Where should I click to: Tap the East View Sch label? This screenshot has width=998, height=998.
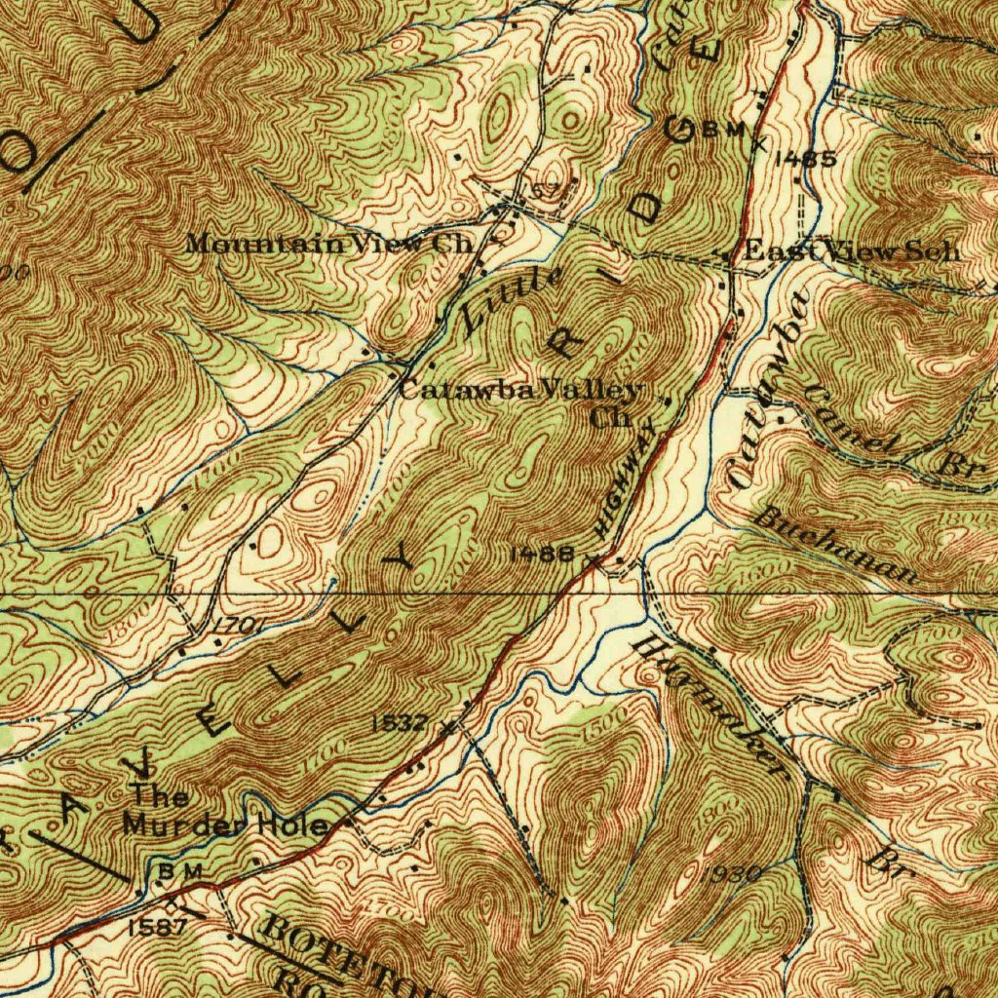(x=852, y=250)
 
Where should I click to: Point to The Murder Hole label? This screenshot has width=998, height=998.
(x=224, y=812)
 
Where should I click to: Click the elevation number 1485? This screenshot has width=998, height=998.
(x=805, y=159)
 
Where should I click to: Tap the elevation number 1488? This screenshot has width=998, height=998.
(x=542, y=555)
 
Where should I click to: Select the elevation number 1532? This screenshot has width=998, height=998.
(x=400, y=722)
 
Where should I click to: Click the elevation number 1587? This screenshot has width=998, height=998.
(x=157, y=927)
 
